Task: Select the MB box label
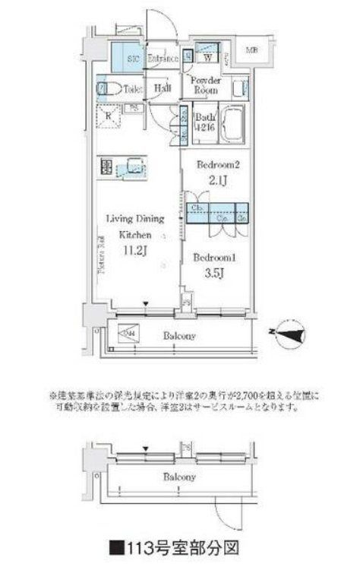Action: click(251, 51)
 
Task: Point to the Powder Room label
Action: click(205, 84)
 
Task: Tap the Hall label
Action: click(162, 89)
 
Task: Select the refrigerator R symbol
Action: click(109, 116)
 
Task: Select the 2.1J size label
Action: click(216, 180)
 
